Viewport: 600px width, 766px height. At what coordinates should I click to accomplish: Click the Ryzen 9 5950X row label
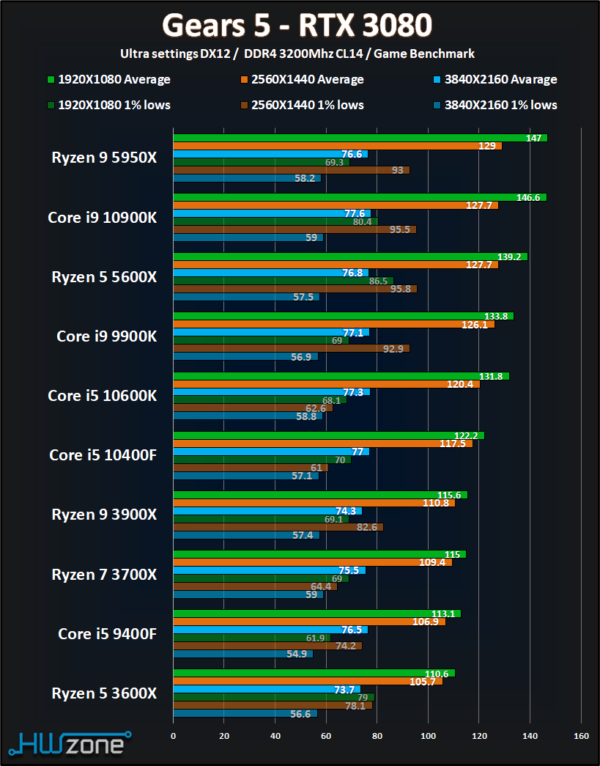(x=104, y=157)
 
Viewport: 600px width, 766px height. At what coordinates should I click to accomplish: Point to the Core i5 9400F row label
(x=107, y=633)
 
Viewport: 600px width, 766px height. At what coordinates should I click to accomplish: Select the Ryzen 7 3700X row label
(x=104, y=574)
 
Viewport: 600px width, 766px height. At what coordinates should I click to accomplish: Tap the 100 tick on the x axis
(x=428, y=735)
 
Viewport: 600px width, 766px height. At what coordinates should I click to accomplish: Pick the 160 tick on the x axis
(x=581, y=735)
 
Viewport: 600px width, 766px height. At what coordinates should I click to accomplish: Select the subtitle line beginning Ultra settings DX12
(x=297, y=54)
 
